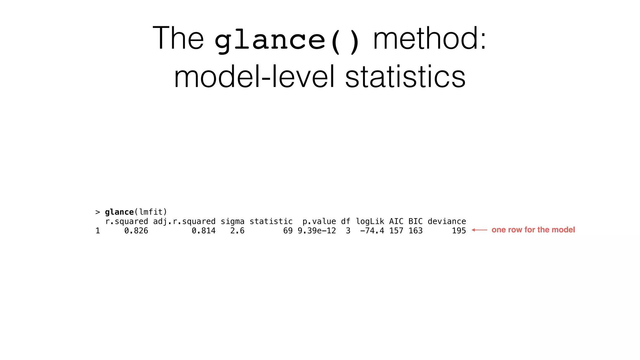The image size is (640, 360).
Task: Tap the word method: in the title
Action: coord(430,38)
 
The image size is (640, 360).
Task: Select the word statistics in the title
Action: coord(405,77)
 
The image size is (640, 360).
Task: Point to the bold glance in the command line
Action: coord(119,212)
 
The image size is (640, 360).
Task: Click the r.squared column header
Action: coord(127,222)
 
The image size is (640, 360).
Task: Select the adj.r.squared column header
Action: coord(184,222)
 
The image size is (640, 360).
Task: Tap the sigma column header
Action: coord(232,222)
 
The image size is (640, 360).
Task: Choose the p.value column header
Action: coord(319,222)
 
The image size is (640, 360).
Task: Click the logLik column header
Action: coord(370,222)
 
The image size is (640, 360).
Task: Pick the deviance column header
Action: coord(447,222)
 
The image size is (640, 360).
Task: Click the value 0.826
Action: coord(136,231)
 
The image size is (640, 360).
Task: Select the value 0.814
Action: coord(203,231)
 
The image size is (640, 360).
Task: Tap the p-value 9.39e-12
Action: coord(317,231)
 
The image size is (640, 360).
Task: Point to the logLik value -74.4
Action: coord(372,231)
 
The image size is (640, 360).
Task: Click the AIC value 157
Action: coord(396,231)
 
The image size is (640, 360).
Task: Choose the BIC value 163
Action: coord(416,231)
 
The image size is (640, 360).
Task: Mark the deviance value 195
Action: coord(459,231)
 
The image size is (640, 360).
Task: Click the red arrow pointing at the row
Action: coord(479,230)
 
